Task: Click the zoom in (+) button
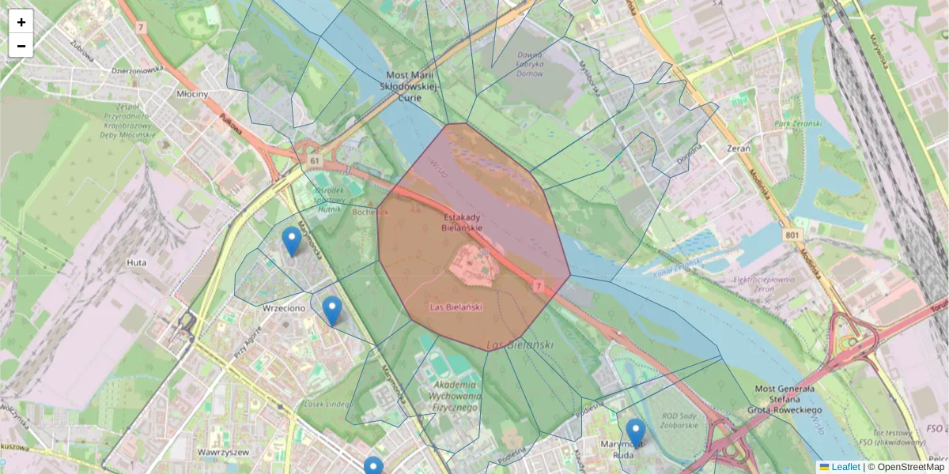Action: tap(21, 22)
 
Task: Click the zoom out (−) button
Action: tap(21, 46)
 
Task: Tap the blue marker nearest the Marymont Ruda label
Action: tap(636, 433)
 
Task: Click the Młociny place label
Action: tap(192, 94)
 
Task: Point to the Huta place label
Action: tap(136, 262)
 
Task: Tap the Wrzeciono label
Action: tap(284, 308)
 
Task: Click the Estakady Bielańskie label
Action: tap(462, 222)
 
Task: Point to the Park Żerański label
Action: tap(798, 124)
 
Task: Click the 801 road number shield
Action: tap(792, 235)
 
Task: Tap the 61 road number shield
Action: tap(316, 161)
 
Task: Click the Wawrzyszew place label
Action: tap(223, 453)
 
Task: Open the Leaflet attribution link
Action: tap(845, 467)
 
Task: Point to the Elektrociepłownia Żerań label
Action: tap(764, 284)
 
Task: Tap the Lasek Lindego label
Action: tap(327, 404)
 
